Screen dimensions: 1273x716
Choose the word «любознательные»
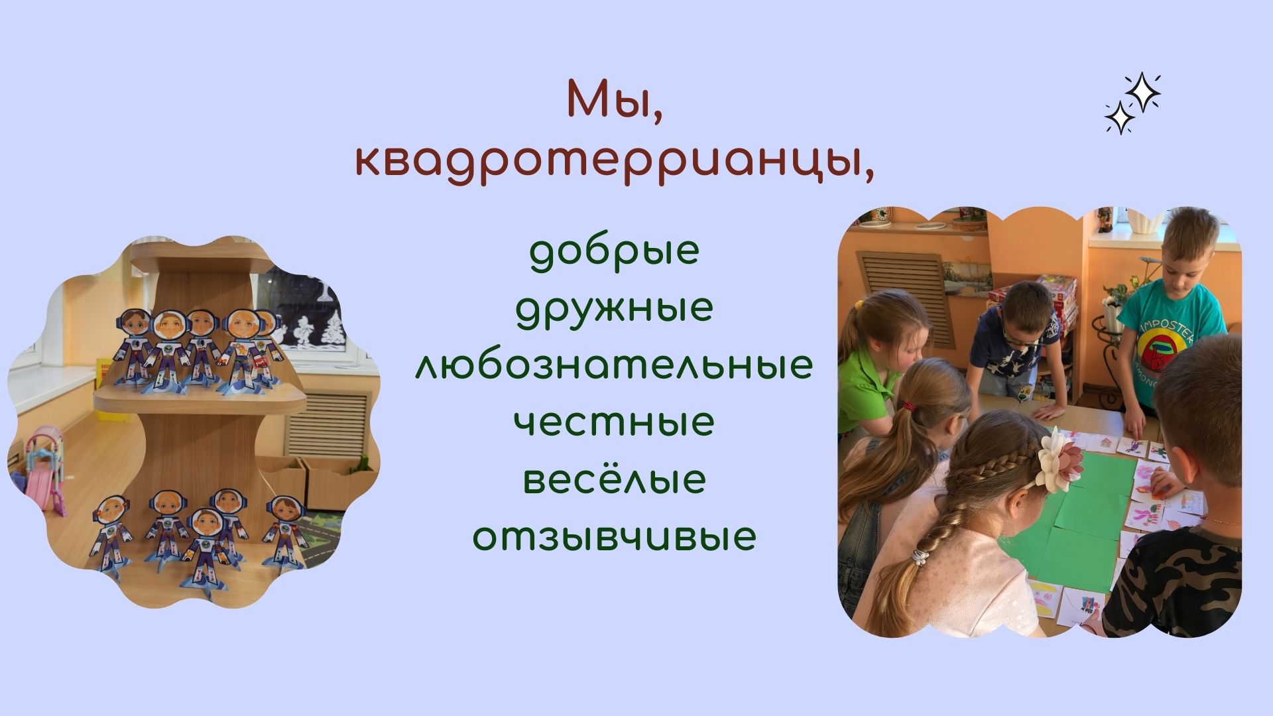[615, 365]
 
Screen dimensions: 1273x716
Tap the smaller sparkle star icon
[1120, 118]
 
